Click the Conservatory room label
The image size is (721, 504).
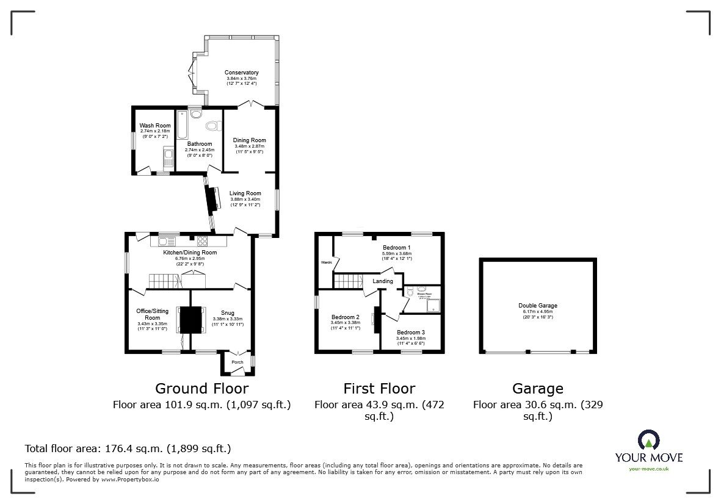pyautogui.click(x=242, y=73)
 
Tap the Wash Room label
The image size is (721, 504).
pyautogui.click(x=154, y=126)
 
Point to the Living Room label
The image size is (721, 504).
pyautogui.click(x=245, y=193)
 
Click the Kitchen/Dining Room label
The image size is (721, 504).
pyautogui.click(x=190, y=252)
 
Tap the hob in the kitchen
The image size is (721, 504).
pyautogui.click(x=203, y=241)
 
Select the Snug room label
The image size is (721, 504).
pyautogui.click(x=227, y=313)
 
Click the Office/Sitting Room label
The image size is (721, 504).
pyautogui.click(x=152, y=314)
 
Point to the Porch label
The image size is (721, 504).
pyautogui.click(x=237, y=362)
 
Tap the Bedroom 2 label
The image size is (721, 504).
pyautogui.click(x=346, y=317)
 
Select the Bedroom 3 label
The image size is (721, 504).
pyautogui.click(x=410, y=331)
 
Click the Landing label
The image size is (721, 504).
pyautogui.click(x=383, y=281)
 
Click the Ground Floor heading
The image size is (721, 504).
pyautogui.click(x=201, y=389)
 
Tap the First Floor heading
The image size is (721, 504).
pyautogui.click(x=379, y=389)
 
